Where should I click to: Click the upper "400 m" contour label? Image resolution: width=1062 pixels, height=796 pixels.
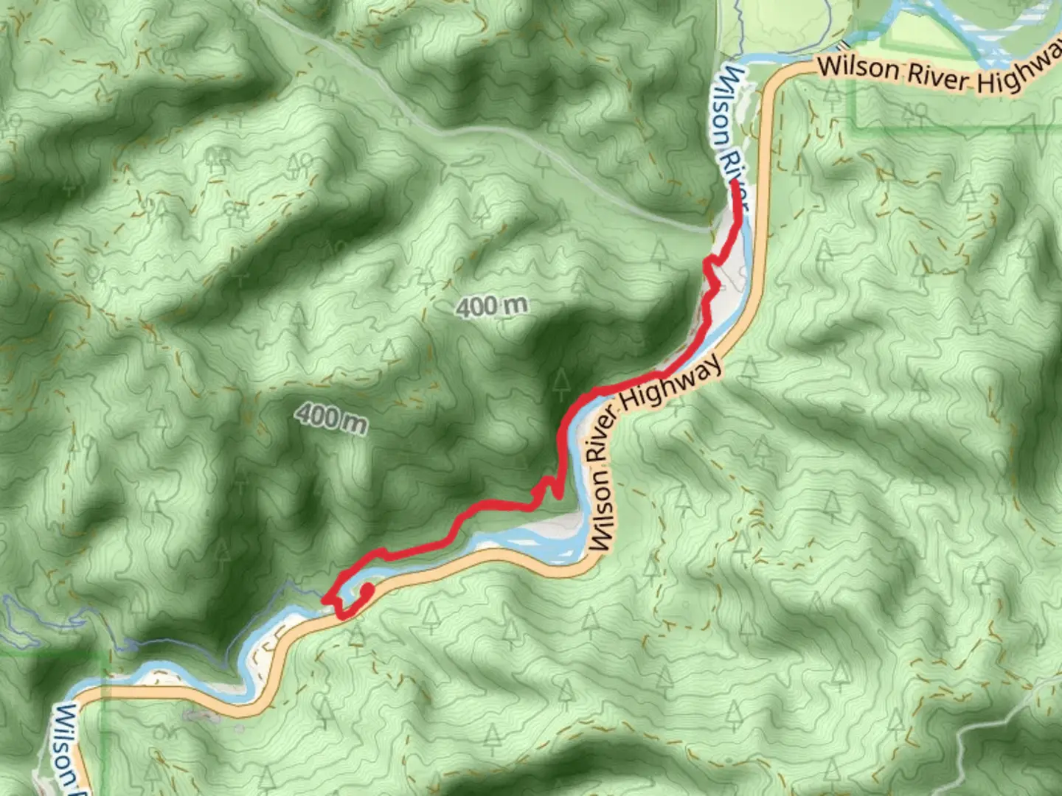tap(492, 306)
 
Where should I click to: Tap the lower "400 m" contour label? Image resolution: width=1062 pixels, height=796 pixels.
tap(332, 418)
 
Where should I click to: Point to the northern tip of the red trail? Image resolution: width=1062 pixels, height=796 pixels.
tap(736, 182)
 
